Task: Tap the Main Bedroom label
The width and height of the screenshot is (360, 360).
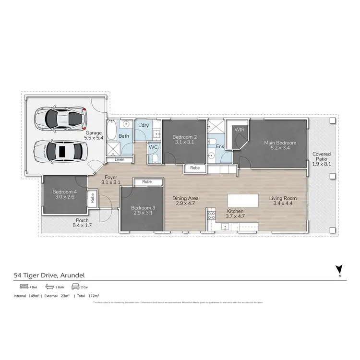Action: [280, 143]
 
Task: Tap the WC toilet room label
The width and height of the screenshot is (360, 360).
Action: [153, 147]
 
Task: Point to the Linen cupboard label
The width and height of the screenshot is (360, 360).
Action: [120, 159]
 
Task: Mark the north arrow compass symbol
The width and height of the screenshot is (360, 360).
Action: [339, 270]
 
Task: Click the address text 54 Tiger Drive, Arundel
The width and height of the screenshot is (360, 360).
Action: [49, 276]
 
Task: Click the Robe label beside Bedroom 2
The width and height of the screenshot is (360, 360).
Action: [195, 168]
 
